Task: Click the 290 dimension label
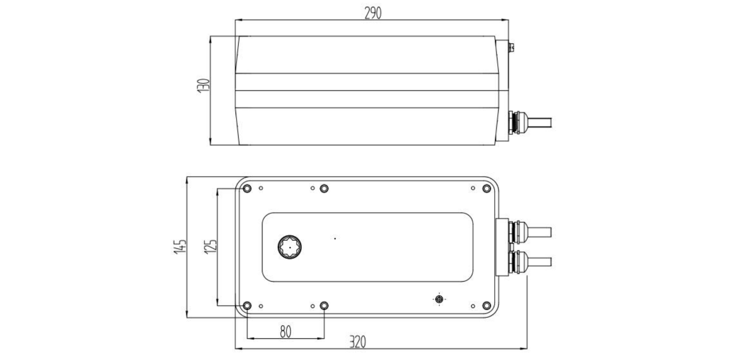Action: click(372, 13)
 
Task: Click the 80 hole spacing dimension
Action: click(286, 332)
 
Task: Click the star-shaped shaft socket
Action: click(290, 247)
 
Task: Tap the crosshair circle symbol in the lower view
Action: click(439, 299)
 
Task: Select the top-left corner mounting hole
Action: click(247, 189)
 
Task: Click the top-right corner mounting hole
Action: click(486, 189)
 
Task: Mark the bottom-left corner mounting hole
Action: click(247, 306)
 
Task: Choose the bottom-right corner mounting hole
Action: click(486, 306)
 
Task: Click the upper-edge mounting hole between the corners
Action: click(324, 189)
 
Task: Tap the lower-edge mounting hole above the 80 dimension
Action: click(324, 306)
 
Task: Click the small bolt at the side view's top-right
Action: click(512, 47)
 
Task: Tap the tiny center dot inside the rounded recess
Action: click(335, 239)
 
